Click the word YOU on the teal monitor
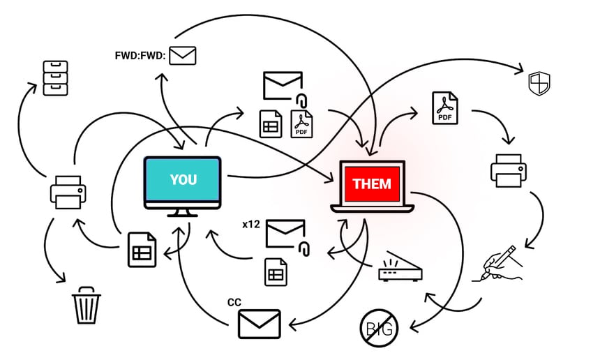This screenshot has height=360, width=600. pos(183,179)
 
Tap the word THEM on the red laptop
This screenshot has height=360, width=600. pos(372,184)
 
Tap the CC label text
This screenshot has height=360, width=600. pos(234,302)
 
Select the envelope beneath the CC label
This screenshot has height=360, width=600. pos(259,324)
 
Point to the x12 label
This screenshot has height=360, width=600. pos(250,225)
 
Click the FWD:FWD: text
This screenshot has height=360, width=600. pos(140,55)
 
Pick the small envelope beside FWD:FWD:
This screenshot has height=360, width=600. pos(183,54)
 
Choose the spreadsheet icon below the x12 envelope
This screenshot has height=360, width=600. pos(276,271)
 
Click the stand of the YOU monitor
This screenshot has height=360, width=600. pos(182,211)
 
